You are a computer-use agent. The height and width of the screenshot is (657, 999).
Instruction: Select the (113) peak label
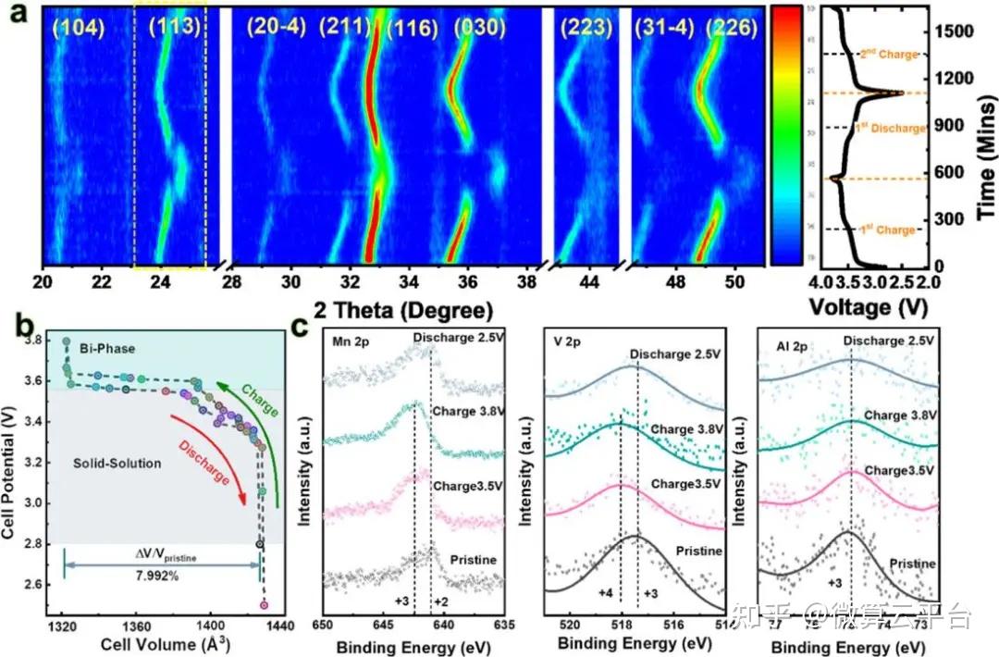170,28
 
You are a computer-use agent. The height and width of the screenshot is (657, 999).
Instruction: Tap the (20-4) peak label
275,28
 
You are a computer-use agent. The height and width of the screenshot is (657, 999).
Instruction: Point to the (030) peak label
479,28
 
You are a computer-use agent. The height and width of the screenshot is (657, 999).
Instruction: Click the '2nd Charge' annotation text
889,55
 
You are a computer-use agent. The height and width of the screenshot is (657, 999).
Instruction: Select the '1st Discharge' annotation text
889,128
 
